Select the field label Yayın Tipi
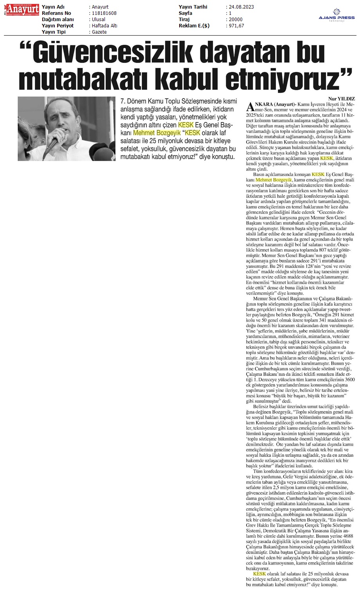54,32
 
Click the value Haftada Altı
104,26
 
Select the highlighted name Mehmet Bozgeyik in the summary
157,133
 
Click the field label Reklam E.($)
194,26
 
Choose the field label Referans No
57,13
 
